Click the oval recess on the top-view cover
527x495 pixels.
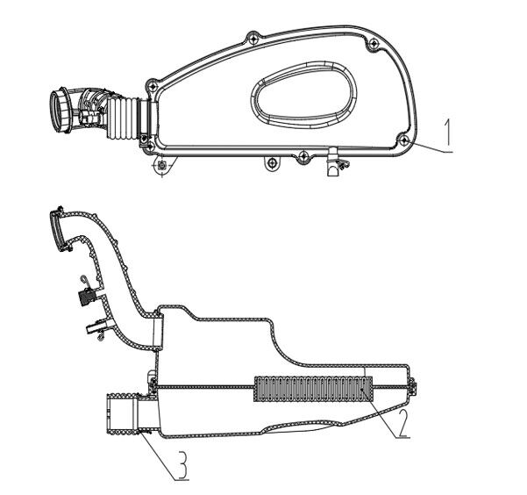point(303,92)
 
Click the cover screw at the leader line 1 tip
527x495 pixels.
point(402,139)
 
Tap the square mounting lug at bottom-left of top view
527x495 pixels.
point(162,164)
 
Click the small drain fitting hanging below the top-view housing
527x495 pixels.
point(331,164)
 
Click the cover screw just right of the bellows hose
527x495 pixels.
point(153,85)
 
